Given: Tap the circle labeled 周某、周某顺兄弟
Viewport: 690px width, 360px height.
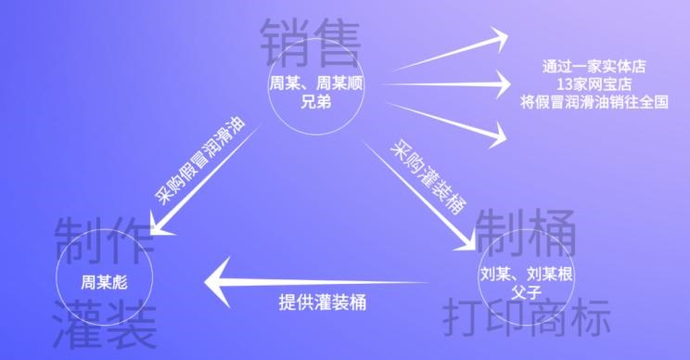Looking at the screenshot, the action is pos(316,90).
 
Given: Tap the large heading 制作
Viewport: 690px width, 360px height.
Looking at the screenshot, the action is pos(104,239).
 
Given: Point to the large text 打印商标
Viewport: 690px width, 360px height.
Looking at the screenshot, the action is pos(526,317).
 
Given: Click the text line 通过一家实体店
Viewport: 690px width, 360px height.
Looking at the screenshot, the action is pos(594,68).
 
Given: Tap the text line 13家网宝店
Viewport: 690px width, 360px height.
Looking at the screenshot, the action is pos(594,85).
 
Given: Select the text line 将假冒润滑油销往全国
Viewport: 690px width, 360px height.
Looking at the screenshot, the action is pos(594,103).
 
